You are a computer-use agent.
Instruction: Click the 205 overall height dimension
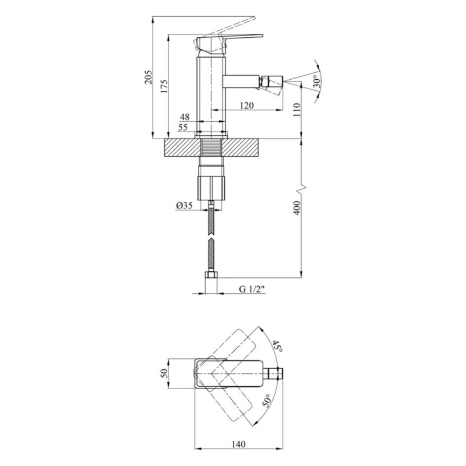pyautogui.click(x=149, y=77)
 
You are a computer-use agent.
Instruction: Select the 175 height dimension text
pyautogui.click(x=164, y=86)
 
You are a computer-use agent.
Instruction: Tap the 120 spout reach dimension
pyautogui.click(x=246, y=105)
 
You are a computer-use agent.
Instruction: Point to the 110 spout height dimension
pyautogui.click(x=297, y=110)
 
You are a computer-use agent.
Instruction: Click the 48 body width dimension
pyautogui.click(x=185, y=117)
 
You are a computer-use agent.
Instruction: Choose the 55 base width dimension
pyautogui.click(x=183, y=127)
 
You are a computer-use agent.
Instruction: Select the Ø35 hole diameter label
pyautogui.click(x=184, y=205)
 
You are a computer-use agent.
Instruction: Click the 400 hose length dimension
pyautogui.click(x=297, y=208)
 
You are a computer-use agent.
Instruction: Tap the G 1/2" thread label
pyautogui.click(x=252, y=289)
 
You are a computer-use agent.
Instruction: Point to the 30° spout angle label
pyautogui.click(x=317, y=81)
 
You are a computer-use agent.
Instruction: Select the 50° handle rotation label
pyautogui.click(x=266, y=401)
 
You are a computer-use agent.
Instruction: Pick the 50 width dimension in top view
pyautogui.click(x=164, y=373)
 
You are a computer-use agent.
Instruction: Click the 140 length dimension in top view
pyautogui.click(x=238, y=444)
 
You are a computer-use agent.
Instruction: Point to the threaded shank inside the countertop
pyautogui.click(x=211, y=147)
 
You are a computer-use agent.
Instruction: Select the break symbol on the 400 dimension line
pyautogui.click(x=302, y=188)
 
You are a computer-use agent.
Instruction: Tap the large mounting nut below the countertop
pyautogui.click(x=211, y=188)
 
